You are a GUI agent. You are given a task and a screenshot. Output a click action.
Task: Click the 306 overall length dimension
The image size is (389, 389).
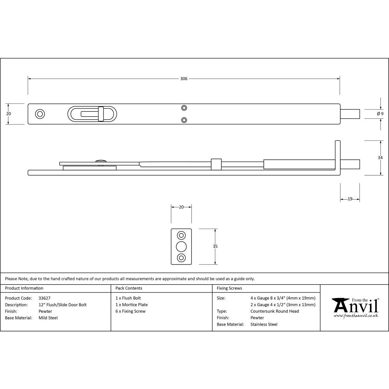click(184, 79)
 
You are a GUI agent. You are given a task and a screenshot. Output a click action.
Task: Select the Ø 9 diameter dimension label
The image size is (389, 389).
click(380, 114)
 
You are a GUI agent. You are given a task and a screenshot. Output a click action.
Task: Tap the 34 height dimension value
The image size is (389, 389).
click(380, 158)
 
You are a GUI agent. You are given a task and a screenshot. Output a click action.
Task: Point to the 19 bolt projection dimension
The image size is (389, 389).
click(350, 199)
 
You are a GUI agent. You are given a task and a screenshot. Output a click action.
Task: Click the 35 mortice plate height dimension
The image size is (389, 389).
click(216, 246)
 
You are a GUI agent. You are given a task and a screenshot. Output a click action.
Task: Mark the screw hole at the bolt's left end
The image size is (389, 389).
click(40, 114)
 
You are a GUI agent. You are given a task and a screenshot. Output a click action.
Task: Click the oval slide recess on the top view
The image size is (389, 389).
click(92, 114)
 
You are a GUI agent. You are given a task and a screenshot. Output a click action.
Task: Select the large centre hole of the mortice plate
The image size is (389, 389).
click(181, 247)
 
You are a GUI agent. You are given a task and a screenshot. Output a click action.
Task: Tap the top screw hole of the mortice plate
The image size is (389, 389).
click(181, 235)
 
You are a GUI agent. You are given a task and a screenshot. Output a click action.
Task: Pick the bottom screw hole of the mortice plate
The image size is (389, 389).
click(181, 258)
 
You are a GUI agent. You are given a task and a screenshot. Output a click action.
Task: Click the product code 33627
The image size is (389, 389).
click(45, 298)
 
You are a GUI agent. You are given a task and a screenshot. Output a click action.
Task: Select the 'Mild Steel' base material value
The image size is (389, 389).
click(48, 318)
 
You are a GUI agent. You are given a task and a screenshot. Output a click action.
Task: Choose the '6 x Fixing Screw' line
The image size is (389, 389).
click(130, 311)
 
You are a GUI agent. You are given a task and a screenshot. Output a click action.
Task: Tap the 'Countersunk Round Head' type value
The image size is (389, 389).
click(275, 311)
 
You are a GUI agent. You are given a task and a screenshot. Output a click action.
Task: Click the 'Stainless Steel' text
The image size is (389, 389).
click(264, 324)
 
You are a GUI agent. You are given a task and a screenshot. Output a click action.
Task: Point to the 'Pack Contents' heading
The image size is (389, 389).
click(129, 288)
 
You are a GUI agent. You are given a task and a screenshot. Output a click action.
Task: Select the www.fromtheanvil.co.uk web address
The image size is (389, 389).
click(356, 316)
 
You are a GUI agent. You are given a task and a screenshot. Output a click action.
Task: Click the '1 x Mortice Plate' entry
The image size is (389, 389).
click(131, 305)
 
